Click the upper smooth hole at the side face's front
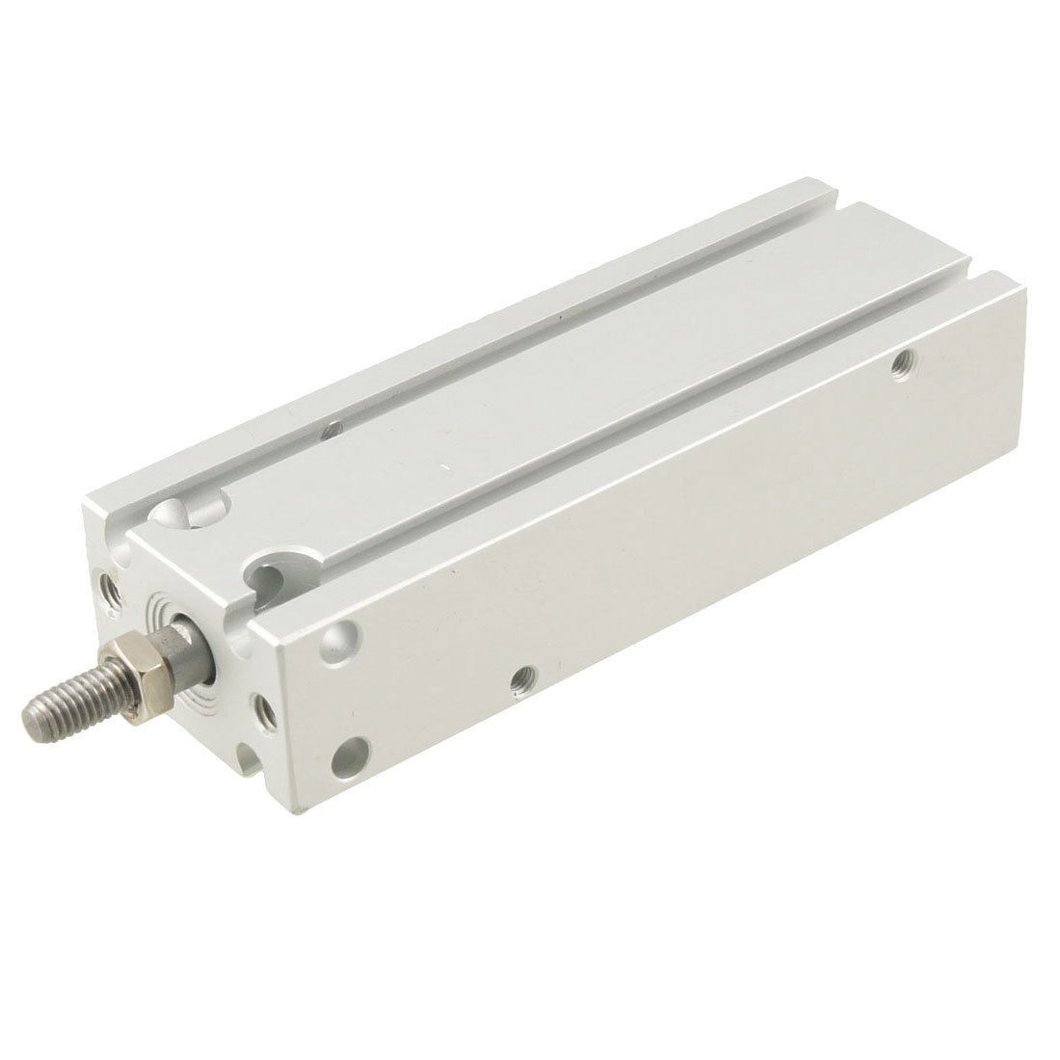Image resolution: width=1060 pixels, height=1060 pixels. click(x=342, y=639)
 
